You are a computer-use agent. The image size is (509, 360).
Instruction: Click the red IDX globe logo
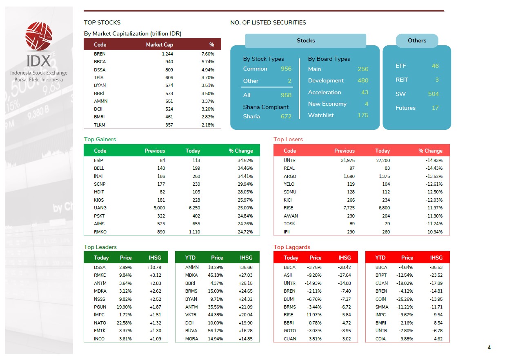point(39,37)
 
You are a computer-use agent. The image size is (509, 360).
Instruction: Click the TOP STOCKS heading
point(102,22)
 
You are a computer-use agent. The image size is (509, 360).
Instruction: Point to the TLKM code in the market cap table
point(99,125)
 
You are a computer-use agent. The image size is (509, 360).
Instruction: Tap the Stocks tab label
point(306,40)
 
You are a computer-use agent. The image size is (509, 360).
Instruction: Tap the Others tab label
point(417,40)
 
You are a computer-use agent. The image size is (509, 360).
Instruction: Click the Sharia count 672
point(286,116)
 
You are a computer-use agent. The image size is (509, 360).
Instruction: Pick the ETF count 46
point(435,66)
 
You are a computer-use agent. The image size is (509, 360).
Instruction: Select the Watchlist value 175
point(363,115)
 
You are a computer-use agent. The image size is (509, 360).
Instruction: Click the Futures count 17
point(435,108)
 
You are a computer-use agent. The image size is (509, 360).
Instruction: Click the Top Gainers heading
point(100,139)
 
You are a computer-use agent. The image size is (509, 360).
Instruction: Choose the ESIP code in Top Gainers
point(99,160)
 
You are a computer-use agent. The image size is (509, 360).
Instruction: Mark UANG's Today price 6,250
point(194,208)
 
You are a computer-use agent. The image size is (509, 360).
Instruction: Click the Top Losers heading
point(288,139)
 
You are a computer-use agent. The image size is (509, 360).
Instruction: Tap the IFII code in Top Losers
point(287,232)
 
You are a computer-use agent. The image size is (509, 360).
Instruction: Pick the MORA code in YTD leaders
point(191,339)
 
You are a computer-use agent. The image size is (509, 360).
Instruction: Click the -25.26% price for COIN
point(406,299)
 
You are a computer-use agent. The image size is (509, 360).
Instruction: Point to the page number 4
point(489,348)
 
